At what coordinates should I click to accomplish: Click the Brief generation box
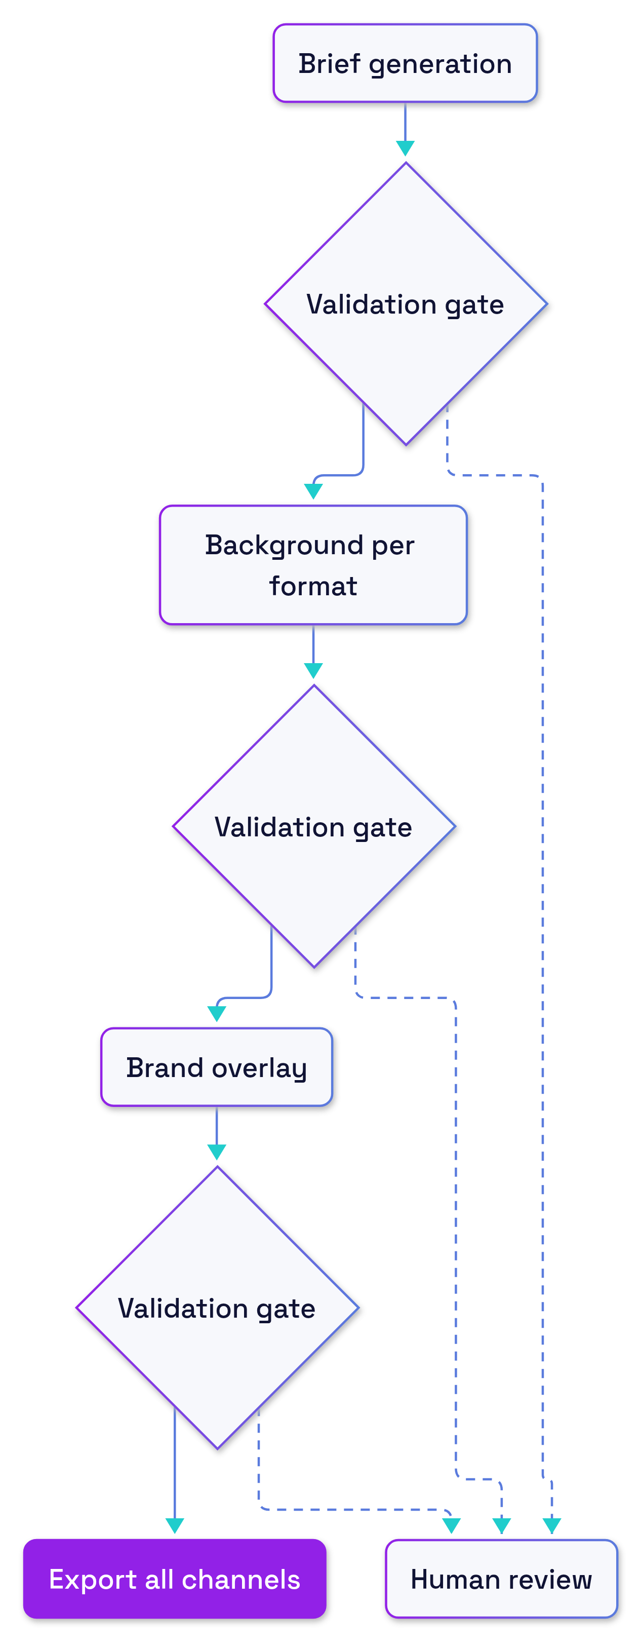405,63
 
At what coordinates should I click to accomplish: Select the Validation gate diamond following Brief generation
406,304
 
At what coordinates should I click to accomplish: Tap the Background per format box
313,564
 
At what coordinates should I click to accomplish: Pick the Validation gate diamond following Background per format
314,826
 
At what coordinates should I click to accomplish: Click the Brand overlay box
217,1067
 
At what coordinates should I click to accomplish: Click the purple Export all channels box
175,1579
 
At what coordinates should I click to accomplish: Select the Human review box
502,1579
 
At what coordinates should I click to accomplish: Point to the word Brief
330,64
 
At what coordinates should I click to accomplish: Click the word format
313,586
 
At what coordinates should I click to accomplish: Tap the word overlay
260,1068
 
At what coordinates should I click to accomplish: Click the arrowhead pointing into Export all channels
175,1526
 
